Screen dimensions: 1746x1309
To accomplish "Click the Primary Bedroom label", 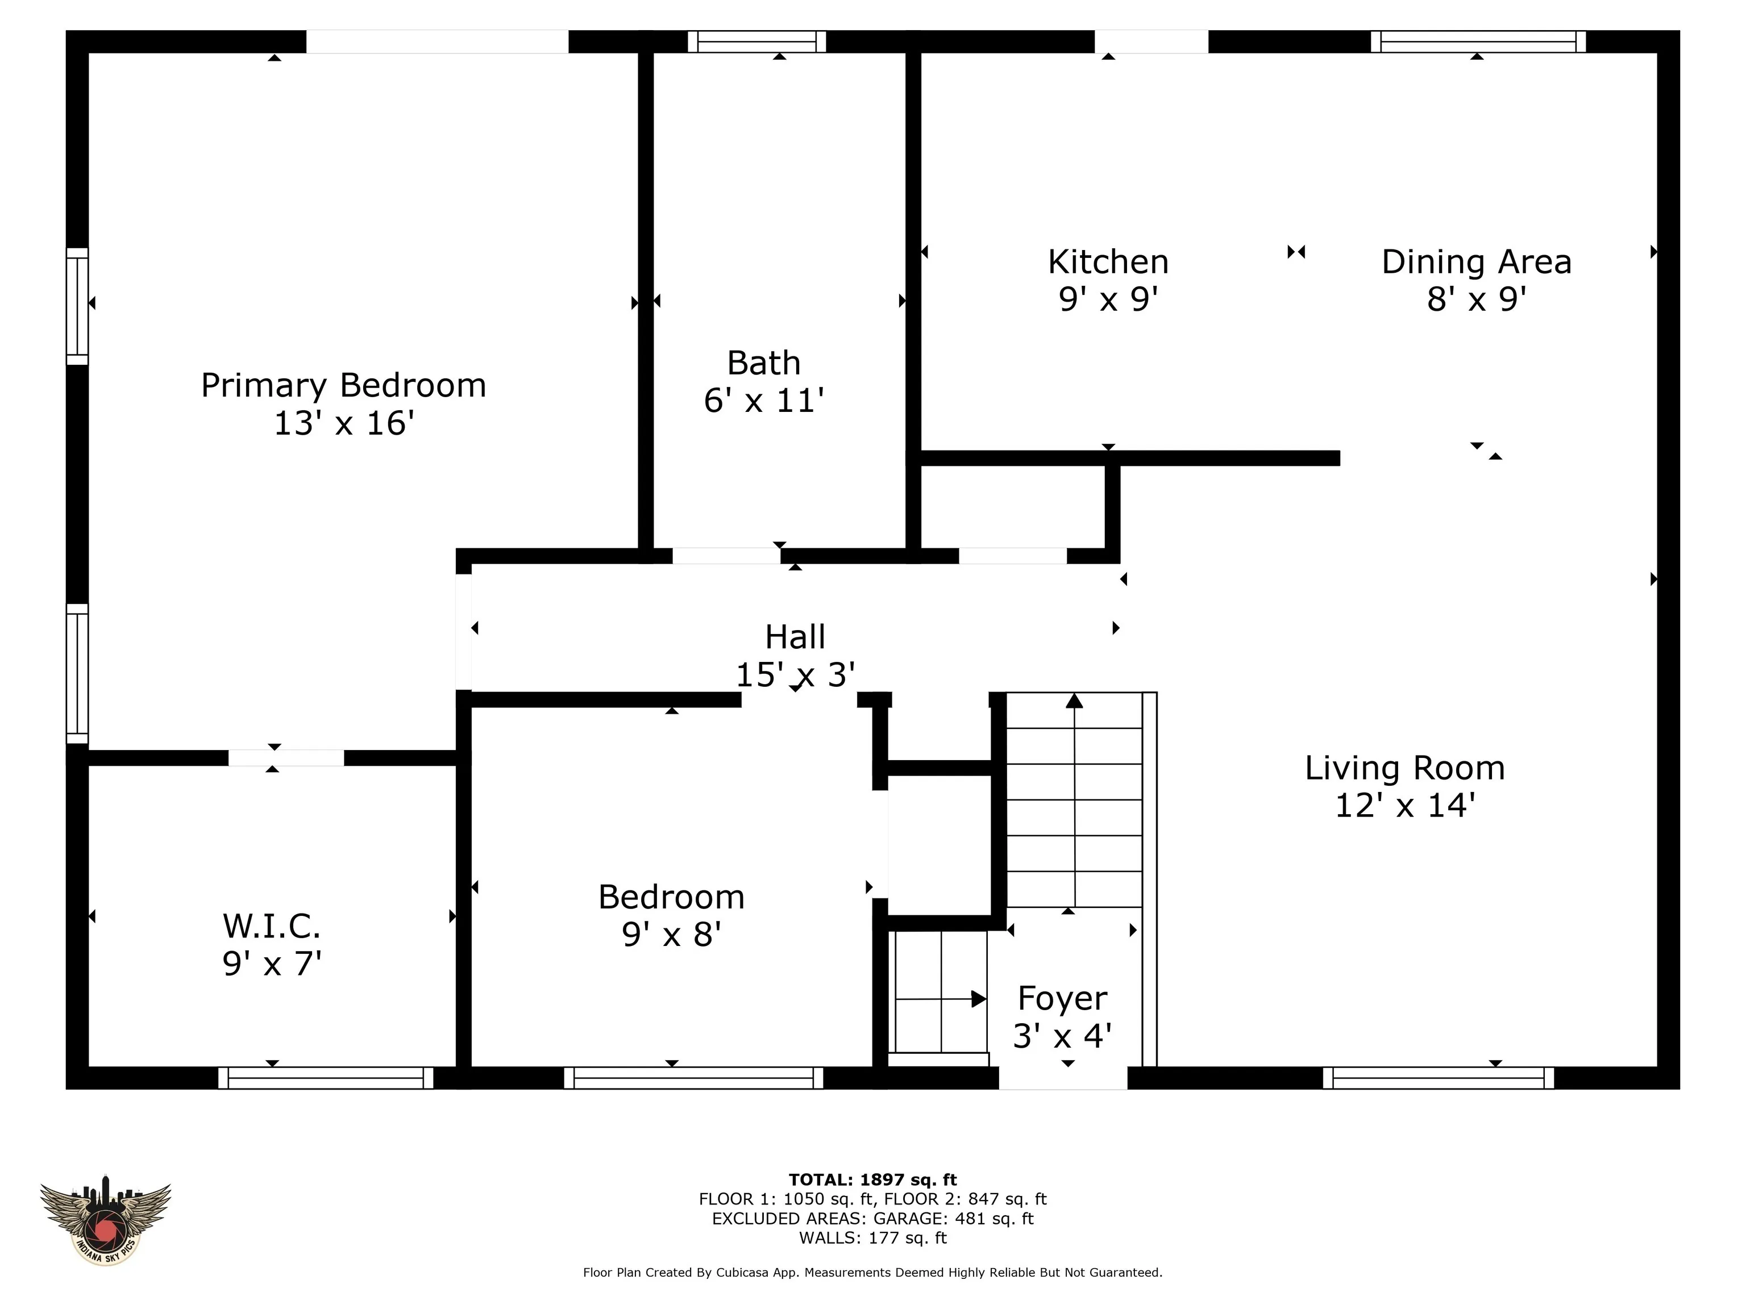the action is click(x=343, y=385).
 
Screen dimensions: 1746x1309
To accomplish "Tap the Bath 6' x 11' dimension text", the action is click(x=763, y=401).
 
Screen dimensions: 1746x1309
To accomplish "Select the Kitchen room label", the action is click(x=1108, y=262).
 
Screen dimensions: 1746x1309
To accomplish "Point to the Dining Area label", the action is click(x=1476, y=262).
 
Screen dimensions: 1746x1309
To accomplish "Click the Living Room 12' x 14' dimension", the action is click(x=1405, y=806).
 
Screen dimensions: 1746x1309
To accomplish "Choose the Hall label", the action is click(x=795, y=637).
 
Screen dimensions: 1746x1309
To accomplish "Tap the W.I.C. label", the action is click(x=272, y=926).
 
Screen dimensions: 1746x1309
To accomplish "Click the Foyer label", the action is click(x=1062, y=998).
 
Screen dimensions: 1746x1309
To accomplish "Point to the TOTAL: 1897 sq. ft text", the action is click(x=873, y=1179).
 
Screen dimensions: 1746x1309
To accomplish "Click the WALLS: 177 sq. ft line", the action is click(x=873, y=1238).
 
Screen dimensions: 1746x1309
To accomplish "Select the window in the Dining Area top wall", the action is click(x=1478, y=42).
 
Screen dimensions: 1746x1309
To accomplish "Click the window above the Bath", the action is click(x=757, y=42).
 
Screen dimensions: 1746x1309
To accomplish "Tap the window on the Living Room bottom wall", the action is click(x=1438, y=1078).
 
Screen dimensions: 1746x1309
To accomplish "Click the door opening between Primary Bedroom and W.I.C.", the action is click(x=286, y=757).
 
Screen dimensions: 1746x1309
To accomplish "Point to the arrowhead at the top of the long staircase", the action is click(x=1074, y=701).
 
